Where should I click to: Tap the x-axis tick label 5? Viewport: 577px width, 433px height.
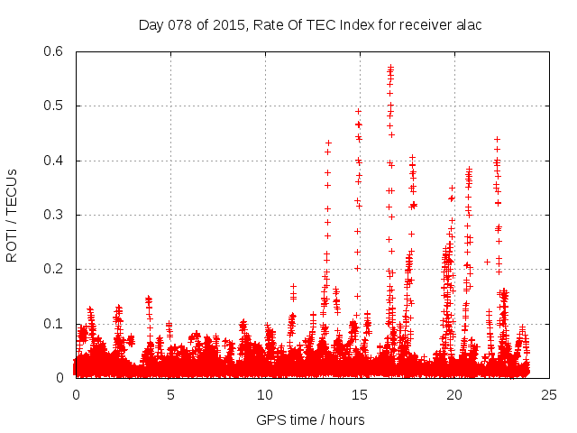(x=170, y=395)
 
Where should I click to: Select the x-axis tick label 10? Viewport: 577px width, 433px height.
(x=265, y=395)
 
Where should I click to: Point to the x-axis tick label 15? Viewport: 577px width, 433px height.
(x=360, y=395)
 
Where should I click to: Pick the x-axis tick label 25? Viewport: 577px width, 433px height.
(x=548, y=395)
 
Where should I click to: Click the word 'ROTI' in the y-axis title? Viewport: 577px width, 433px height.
(x=12, y=244)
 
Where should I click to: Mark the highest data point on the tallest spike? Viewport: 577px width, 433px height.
(x=390, y=66)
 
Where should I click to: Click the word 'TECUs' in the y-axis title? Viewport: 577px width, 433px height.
(x=12, y=191)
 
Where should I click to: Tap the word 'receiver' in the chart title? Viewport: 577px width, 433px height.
(x=422, y=24)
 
